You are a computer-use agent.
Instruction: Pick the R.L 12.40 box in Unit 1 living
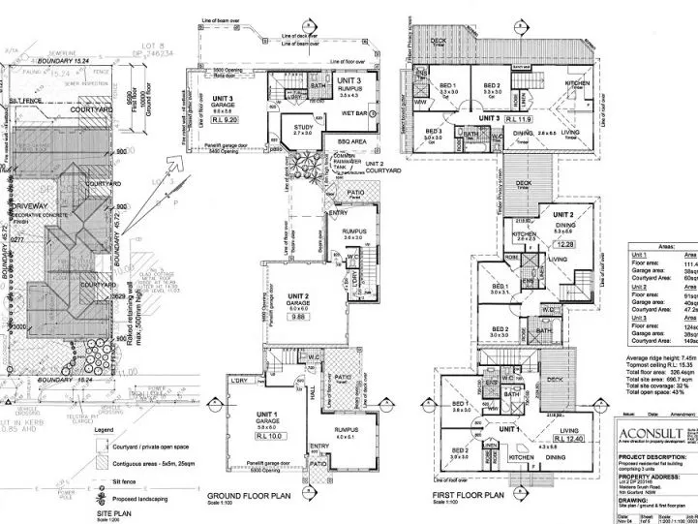570,413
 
